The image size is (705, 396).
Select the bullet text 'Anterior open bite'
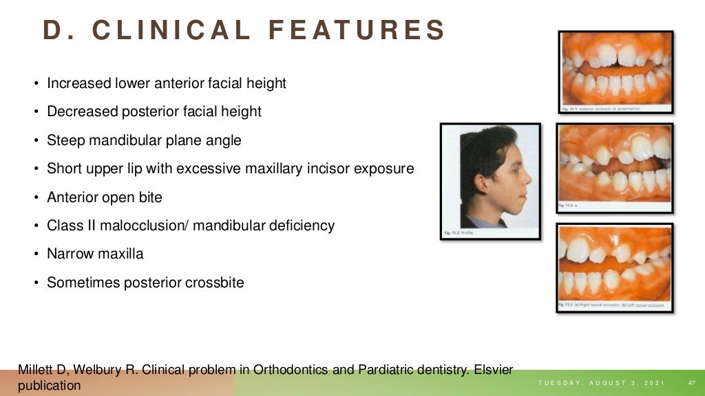coord(105,197)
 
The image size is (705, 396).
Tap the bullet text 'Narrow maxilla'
coord(95,254)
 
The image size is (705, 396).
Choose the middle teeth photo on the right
coord(615,166)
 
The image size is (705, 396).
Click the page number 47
coord(692,383)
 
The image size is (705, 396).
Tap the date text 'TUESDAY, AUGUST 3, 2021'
coord(601,383)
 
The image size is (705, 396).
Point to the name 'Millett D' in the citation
coord(43,370)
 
